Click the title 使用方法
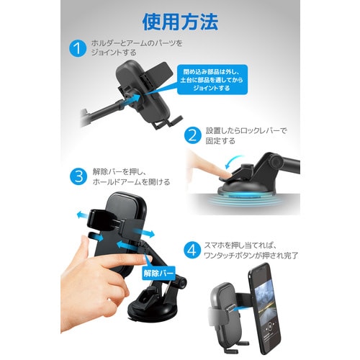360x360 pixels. click(179, 22)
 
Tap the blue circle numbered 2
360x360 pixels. click(192, 135)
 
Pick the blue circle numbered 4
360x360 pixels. click(191, 250)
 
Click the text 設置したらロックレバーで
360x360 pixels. click(246, 130)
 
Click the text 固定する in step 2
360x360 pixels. click(219, 141)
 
